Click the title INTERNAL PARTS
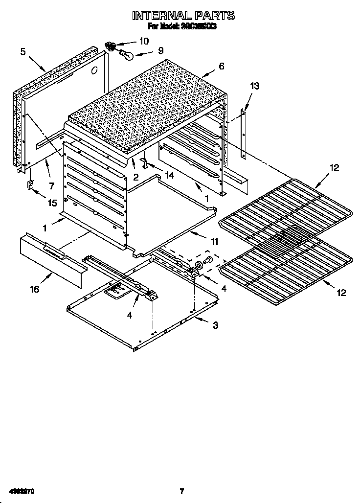183,16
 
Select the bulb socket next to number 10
111,46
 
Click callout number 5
22,51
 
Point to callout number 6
221,66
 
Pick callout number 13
254,86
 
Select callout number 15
51,203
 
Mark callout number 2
136,177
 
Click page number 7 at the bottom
181,491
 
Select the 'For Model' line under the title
182,27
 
